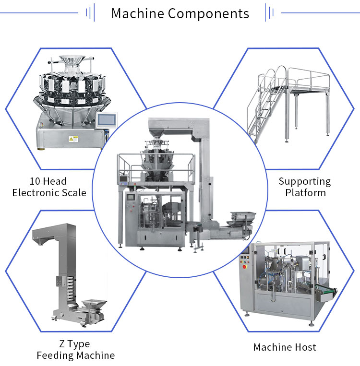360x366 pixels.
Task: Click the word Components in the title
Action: [208, 13]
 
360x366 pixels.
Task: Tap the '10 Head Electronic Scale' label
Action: [49, 187]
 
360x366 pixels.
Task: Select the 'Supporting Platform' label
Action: [305, 187]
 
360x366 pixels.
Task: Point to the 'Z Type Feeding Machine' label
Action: [75, 350]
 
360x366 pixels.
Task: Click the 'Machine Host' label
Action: [285, 347]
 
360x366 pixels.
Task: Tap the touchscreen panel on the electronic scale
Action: [107, 120]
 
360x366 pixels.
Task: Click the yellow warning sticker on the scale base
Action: [73, 139]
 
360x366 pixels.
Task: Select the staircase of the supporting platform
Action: [266, 105]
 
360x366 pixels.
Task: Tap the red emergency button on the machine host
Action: [244, 267]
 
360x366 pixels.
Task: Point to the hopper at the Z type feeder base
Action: [94, 304]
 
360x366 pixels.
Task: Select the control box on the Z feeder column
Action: [60, 282]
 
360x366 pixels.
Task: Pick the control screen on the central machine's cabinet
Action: [131, 197]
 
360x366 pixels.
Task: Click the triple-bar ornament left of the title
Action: [90, 12]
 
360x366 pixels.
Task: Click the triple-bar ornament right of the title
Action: [269, 12]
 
